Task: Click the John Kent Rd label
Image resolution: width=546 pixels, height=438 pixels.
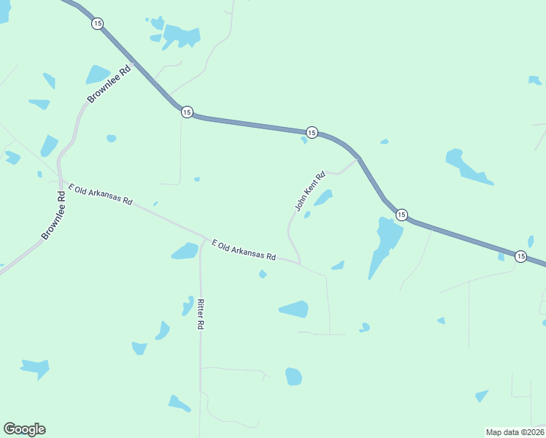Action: [x=309, y=191]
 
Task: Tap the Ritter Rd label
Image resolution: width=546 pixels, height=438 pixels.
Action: [x=199, y=314]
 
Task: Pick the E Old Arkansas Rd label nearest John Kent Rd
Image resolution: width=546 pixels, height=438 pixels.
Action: [x=243, y=250]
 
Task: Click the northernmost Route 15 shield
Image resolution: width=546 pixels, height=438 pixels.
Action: [x=98, y=23]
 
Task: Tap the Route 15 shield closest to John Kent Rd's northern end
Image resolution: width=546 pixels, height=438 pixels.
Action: [x=312, y=132]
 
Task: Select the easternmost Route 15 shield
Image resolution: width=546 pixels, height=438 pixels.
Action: [x=520, y=256]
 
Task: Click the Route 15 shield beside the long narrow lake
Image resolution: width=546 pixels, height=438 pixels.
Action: [x=401, y=214]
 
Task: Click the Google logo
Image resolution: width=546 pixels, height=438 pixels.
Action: [x=24, y=429]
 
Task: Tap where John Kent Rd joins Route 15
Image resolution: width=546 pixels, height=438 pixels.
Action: [x=358, y=158]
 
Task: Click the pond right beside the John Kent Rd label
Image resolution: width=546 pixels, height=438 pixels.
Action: [x=323, y=197]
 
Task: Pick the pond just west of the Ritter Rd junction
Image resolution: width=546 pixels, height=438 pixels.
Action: [x=185, y=251]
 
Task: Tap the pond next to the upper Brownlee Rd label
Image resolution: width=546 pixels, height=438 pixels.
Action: [x=97, y=74]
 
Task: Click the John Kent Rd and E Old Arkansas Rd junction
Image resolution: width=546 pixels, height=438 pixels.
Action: [x=300, y=263]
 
